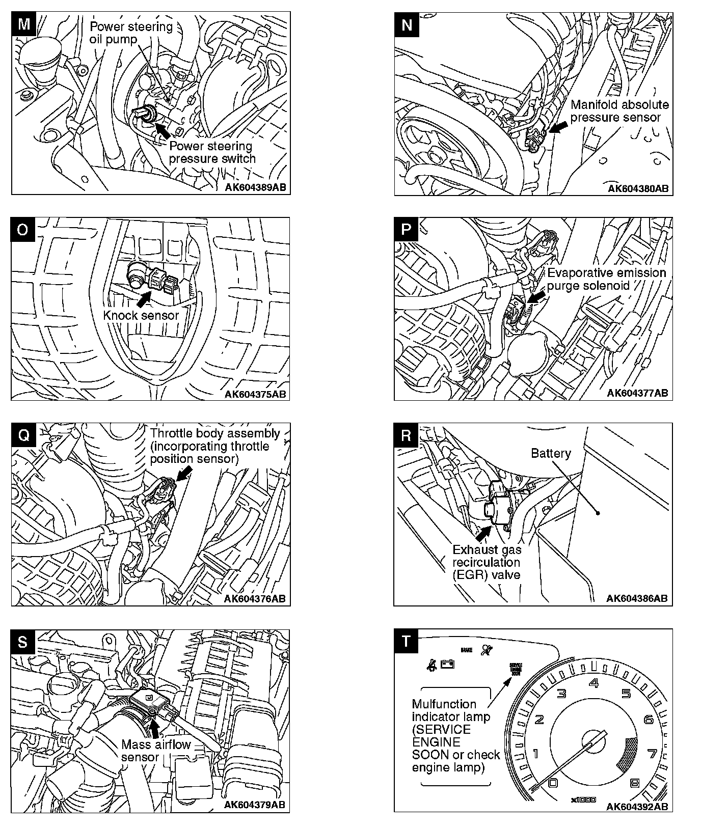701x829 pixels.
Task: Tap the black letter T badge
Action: tap(406, 641)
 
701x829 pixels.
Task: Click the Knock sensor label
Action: tap(141, 315)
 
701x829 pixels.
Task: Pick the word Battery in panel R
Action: tap(551, 453)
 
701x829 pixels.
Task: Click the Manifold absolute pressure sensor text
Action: tap(619, 111)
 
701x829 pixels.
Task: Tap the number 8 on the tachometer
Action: tap(635, 783)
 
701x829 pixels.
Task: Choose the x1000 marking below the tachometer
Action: tap(583, 800)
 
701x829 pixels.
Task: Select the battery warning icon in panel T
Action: tap(447, 664)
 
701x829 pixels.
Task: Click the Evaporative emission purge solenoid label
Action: tap(606, 279)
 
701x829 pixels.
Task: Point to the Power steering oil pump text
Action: tap(131, 33)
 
